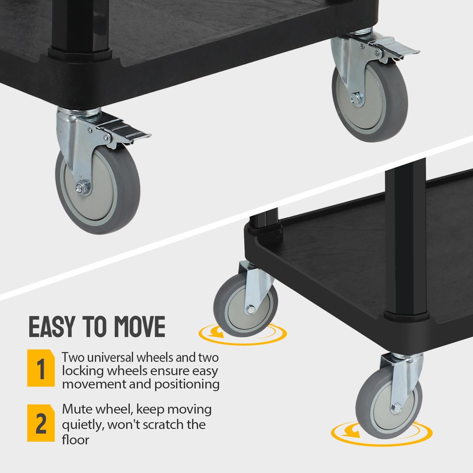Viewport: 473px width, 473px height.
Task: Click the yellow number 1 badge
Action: [x=41, y=368]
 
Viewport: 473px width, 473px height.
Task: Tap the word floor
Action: [x=75, y=440]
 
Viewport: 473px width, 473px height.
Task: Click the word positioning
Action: [x=189, y=385]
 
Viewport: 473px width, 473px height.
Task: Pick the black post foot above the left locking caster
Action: [x=80, y=53]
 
